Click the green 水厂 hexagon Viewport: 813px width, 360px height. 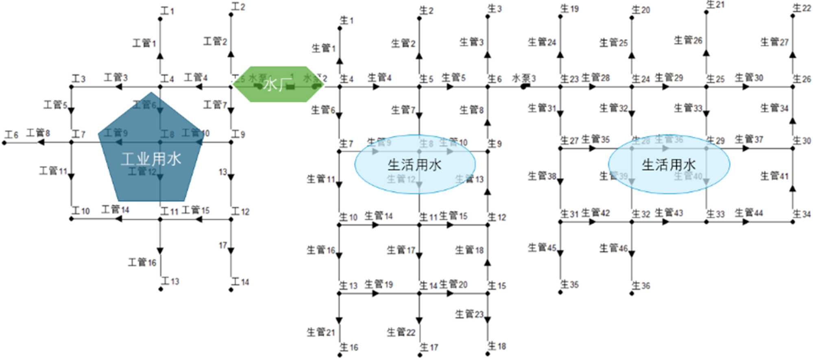pyautogui.click(x=279, y=84)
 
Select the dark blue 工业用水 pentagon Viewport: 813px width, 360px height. pyautogui.click(x=151, y=155)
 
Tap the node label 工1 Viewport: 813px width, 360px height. pyautogui.click(x=167, y=11)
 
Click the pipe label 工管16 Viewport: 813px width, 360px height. pyautogui.click(x=142, y=262)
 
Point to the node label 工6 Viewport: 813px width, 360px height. pyautogui.click(x=12, y=135)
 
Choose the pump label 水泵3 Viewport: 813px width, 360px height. pyautogui.click(x=524, y=78)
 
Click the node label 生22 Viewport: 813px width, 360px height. pyautogui.click(x=802, y=8)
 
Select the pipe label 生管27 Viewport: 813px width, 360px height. pyautogui.click(x=774, y=42)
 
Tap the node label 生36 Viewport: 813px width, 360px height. pyautogui.click(x=641, y=286)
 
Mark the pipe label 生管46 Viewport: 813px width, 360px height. pyautogui.click(x=613, y=248)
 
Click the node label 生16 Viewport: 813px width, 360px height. pyautogui.click(x=349, y=347)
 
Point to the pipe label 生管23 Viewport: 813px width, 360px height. pyautogui.click(x=469, y=314)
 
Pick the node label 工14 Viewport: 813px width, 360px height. pyautogui.click(x=240, y=281)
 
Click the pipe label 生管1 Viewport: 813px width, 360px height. pyautogui.click(x=324, y=48)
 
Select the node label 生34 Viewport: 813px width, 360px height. pyautogui.click(x=802, y=214)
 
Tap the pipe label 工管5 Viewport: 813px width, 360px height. pyautogui.click(x=56, y=105)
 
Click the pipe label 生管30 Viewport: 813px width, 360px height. pyautogui.click(x=749, y=78)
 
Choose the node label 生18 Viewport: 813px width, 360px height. pyautogui.click(x=497, y=346)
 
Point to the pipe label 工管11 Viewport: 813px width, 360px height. pyautogui.click(x=53, y=171)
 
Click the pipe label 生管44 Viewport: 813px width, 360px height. pyautogui.click(x=749, y=213)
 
